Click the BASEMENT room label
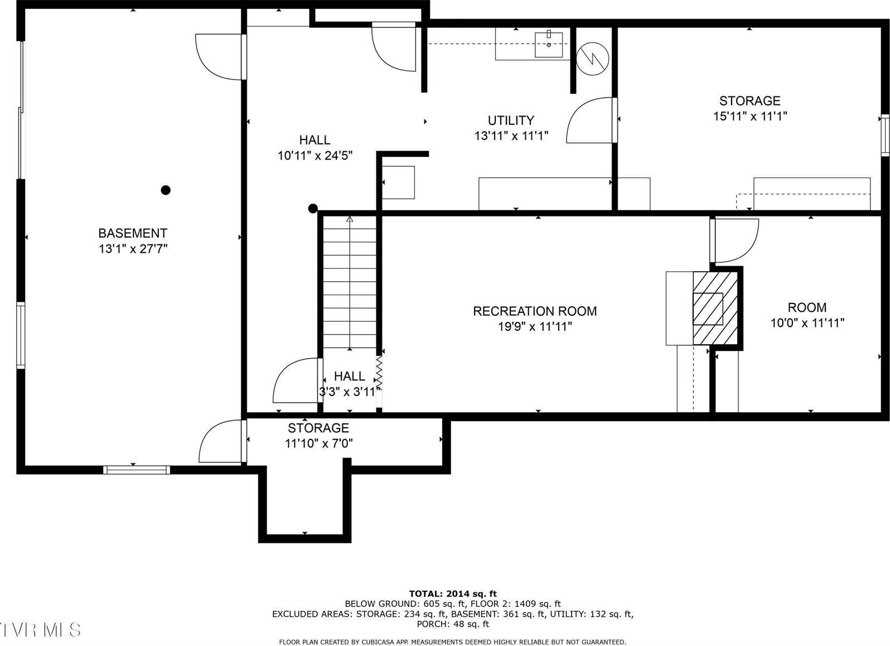tap(133, 233)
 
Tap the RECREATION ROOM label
tap(534, 311)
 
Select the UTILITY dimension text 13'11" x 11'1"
tap(511, 135)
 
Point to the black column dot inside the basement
tap(165, 190)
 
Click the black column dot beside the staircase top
tap(313, 209)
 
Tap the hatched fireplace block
tap(715, 308)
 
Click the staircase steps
tap(350, 282)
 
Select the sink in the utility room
tap(548, 45)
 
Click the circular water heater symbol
tap(593, 57)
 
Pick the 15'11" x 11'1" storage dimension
tap(749, 116)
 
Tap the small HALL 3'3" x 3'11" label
tap(350, 384)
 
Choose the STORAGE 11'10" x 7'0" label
tap(318, 436)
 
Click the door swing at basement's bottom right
tap(221, 442)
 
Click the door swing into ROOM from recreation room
tap(735, 240)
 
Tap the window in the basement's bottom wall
tap(137, 470)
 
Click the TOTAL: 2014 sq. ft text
tap(452, 594)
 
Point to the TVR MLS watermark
tap(40, 630)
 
